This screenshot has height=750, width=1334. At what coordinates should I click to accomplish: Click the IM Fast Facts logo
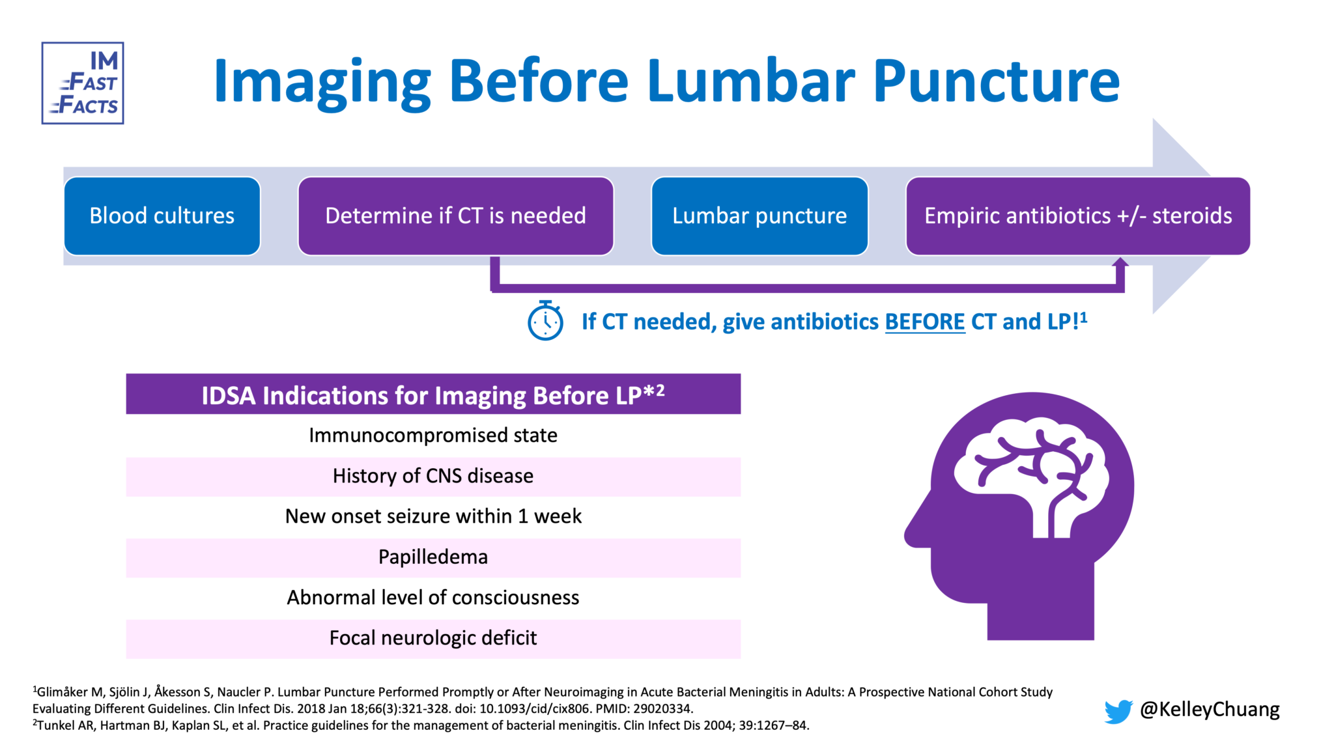pos(83,83)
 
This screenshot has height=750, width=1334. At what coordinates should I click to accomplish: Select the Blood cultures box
pos(162,216)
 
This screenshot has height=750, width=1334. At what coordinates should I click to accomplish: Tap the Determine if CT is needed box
pos(456,216)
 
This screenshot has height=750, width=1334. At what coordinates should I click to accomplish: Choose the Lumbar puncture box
pos(759,216)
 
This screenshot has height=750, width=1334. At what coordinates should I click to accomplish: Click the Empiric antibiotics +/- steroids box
pos(1078,216)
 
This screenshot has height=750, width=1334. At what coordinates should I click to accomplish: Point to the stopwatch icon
pos(545,320)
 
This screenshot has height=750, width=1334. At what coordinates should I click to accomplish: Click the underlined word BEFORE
pos(925,322)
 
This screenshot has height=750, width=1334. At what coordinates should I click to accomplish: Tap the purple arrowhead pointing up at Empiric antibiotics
pos(1120,263)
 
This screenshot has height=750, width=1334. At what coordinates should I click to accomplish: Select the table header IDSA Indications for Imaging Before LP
pos(433,394)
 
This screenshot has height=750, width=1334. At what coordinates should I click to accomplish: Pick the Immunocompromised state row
pos(433,435)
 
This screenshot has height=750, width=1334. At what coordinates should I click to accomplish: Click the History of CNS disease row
pos(433,476)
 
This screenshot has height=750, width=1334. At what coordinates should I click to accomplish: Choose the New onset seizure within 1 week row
pos(433,516)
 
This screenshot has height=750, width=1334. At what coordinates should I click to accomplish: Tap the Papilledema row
pos(433,557)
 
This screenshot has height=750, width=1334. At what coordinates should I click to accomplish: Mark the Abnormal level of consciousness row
pos(433,598)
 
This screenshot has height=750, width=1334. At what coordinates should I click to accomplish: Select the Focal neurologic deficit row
pos(433,638)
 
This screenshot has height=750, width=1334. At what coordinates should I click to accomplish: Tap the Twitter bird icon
pos(1118,711)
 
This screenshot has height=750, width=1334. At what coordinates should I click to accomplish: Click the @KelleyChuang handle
pos(1210,710)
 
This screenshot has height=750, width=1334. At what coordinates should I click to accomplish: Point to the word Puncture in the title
pos(997,81)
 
